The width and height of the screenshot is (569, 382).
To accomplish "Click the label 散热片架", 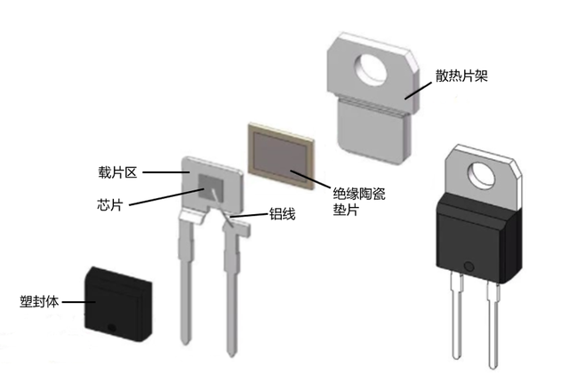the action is tap(461, 76).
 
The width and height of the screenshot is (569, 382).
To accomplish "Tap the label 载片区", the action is tap(117, 172).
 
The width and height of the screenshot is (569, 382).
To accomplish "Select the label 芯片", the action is tap(110, 204).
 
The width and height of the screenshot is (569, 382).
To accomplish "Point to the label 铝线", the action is tap(282, 214).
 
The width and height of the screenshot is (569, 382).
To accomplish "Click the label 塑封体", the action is tap(39, 301).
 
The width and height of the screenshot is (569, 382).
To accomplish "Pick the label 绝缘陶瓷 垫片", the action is tap(359, 202).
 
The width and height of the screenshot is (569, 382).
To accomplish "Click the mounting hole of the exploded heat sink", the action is tap(371, 68).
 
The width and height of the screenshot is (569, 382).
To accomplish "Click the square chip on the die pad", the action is tap(211, 187).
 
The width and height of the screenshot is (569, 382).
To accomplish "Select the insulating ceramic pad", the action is tap(281, 155).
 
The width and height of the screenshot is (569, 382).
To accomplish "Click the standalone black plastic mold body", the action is tap(118, 305).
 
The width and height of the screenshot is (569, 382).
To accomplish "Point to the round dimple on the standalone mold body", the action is tap(111, 328).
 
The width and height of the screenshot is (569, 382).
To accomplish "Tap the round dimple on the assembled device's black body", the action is tap(469, 267).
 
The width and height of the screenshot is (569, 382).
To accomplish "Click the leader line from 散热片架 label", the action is tap(419, 91).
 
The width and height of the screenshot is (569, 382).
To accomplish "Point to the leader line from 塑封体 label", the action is tap(79, 301).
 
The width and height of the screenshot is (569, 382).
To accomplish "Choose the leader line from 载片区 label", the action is tap(166, 172).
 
